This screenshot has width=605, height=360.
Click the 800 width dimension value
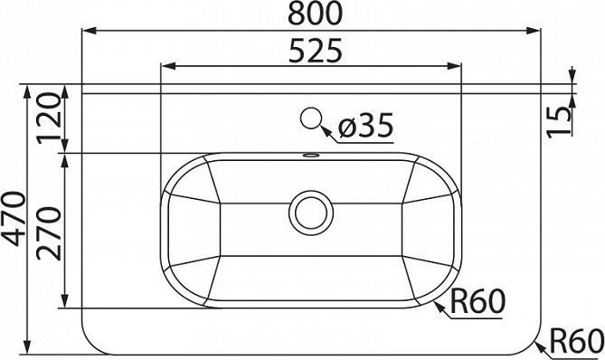[316, 14]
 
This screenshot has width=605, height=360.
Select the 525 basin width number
[316, 50]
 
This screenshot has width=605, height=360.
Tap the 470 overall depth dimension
[14, 218]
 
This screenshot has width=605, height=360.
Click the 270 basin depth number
[50, 233]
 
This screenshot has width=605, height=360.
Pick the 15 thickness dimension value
[559, 121]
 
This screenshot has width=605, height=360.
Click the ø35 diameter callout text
[365, 125]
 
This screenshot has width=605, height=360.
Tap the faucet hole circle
[310, 118]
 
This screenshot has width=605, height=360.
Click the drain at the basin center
[311, 213]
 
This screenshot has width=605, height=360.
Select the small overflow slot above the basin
[310, 156]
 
